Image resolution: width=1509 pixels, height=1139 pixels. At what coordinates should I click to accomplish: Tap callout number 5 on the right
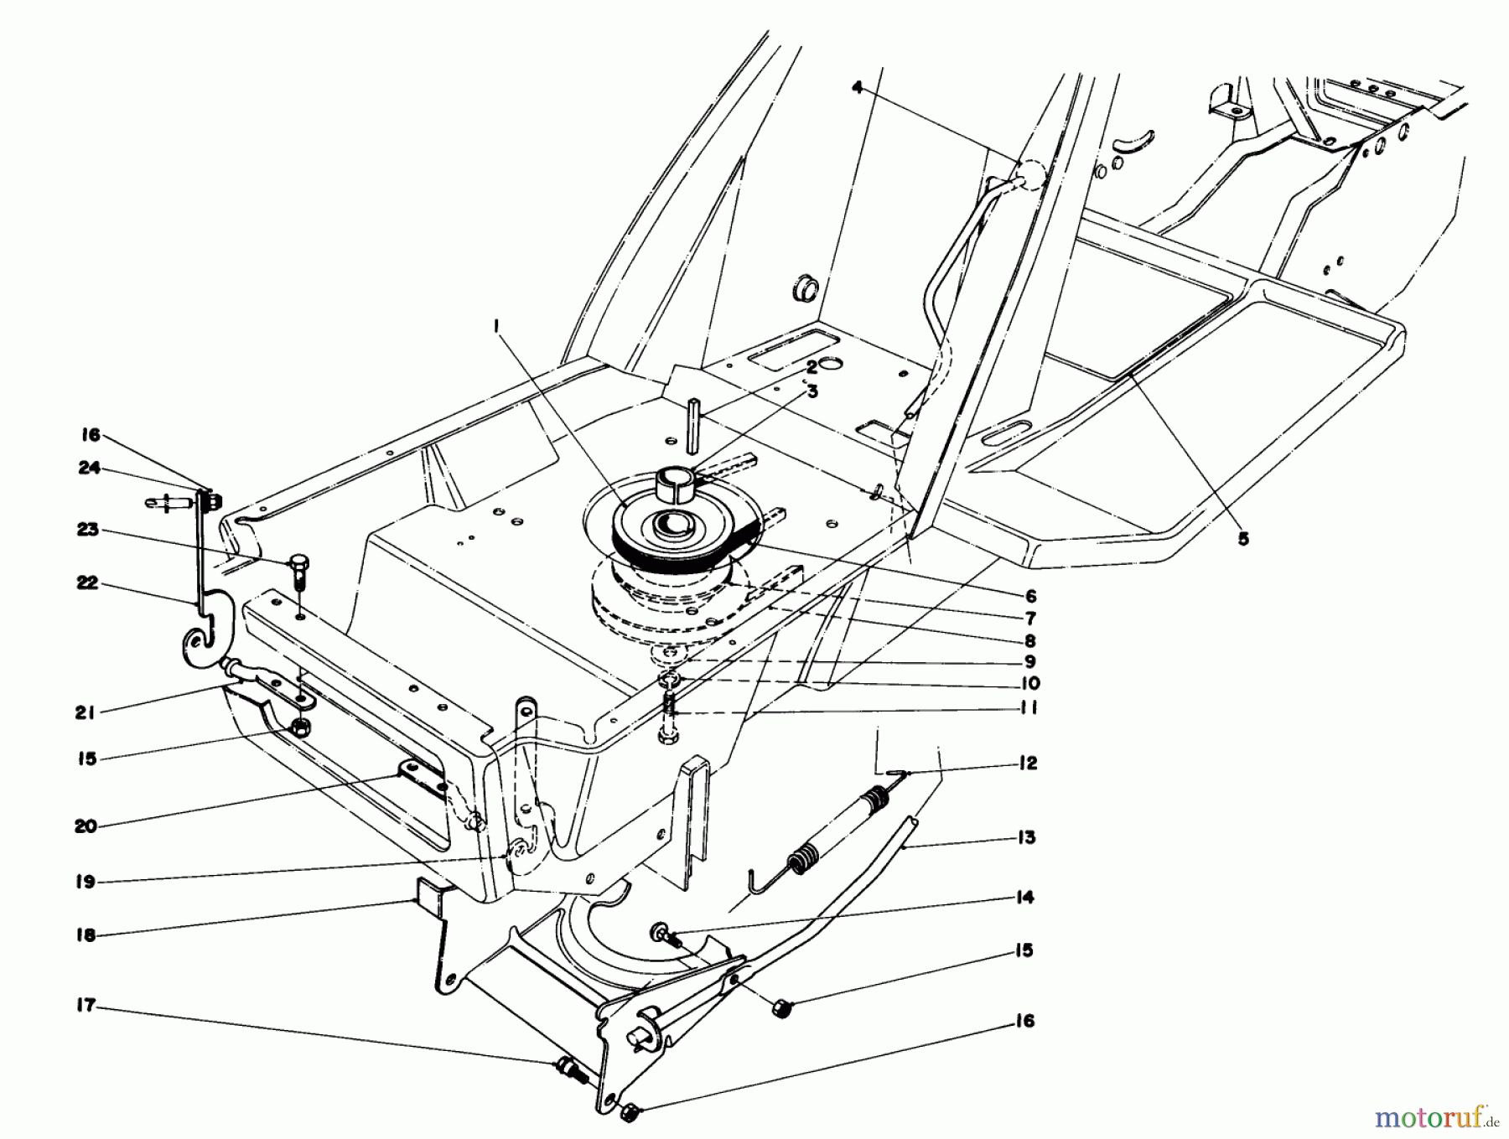click(x=1243, y=539)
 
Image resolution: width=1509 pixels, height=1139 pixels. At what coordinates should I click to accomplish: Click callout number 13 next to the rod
click(x=1027, y=837)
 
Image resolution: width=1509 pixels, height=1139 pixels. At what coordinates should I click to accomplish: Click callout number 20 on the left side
click(x=86, y=826)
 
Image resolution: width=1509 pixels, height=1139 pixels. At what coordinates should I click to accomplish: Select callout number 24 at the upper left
click(x=90, y=468)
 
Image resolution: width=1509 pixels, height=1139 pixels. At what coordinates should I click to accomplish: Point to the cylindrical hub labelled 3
click(x=674, y=484)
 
